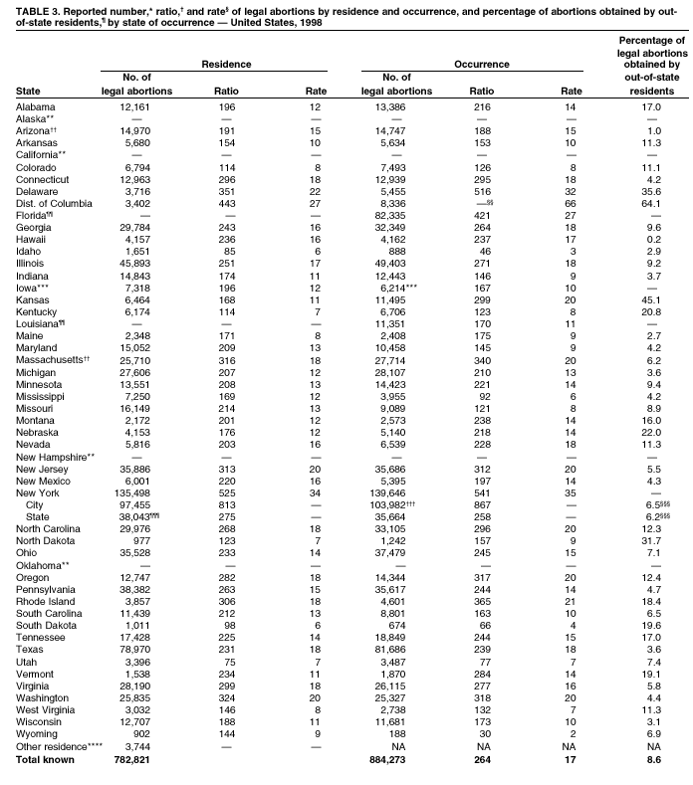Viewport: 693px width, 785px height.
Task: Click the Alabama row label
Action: point(36,106)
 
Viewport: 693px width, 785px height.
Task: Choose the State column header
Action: point(29,91)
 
